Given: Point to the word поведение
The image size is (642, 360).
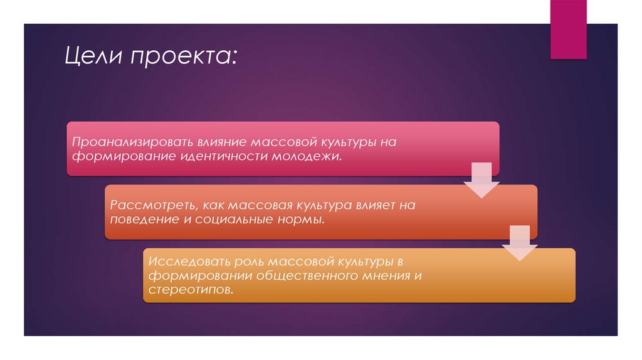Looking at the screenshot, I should (143, 220).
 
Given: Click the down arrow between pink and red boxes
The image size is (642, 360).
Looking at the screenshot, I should (481, 180).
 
